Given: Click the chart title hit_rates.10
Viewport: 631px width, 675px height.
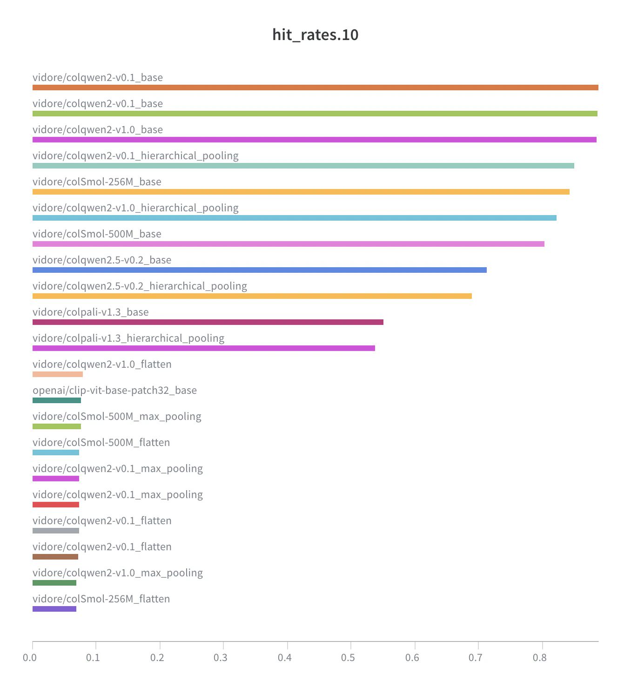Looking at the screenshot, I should click(315, 35).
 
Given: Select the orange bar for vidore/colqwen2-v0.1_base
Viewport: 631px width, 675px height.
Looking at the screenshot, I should click(315, 88).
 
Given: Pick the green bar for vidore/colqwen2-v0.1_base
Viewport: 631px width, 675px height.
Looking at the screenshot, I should click(315, 114).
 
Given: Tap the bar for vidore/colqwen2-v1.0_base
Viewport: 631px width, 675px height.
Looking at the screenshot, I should click(314, 140).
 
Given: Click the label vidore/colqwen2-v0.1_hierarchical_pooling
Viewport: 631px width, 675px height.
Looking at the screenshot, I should click(135, 155).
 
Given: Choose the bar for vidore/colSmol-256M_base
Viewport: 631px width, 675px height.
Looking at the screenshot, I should click(301, 192).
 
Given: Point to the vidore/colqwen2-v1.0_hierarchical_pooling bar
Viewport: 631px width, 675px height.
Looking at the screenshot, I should click(294, 218).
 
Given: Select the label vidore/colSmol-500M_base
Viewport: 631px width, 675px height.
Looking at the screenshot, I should click(97, 234).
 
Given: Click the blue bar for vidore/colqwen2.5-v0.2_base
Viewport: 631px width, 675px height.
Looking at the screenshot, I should click(259, 270).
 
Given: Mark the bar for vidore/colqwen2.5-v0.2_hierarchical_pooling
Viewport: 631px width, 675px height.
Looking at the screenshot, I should click(252, 296).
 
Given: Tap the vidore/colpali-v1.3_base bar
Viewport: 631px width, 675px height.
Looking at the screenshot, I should click(208, 322).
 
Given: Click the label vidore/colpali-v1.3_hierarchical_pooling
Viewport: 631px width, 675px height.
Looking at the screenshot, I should click(128, 338).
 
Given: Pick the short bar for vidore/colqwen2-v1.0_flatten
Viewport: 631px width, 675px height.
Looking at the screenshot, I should click(57, 374).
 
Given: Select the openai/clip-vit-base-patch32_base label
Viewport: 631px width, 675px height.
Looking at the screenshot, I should click(114, 390).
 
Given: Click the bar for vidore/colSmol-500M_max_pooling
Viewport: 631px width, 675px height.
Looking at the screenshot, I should click(56, 426).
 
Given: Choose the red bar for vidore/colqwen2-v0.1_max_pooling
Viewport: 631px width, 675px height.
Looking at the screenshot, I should click(55, 505).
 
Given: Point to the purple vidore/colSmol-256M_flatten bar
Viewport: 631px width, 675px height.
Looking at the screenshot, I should click(54, 609).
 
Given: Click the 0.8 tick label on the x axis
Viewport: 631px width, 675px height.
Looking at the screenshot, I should click(539, 658).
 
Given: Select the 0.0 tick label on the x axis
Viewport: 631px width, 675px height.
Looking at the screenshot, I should click(30, 658).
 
